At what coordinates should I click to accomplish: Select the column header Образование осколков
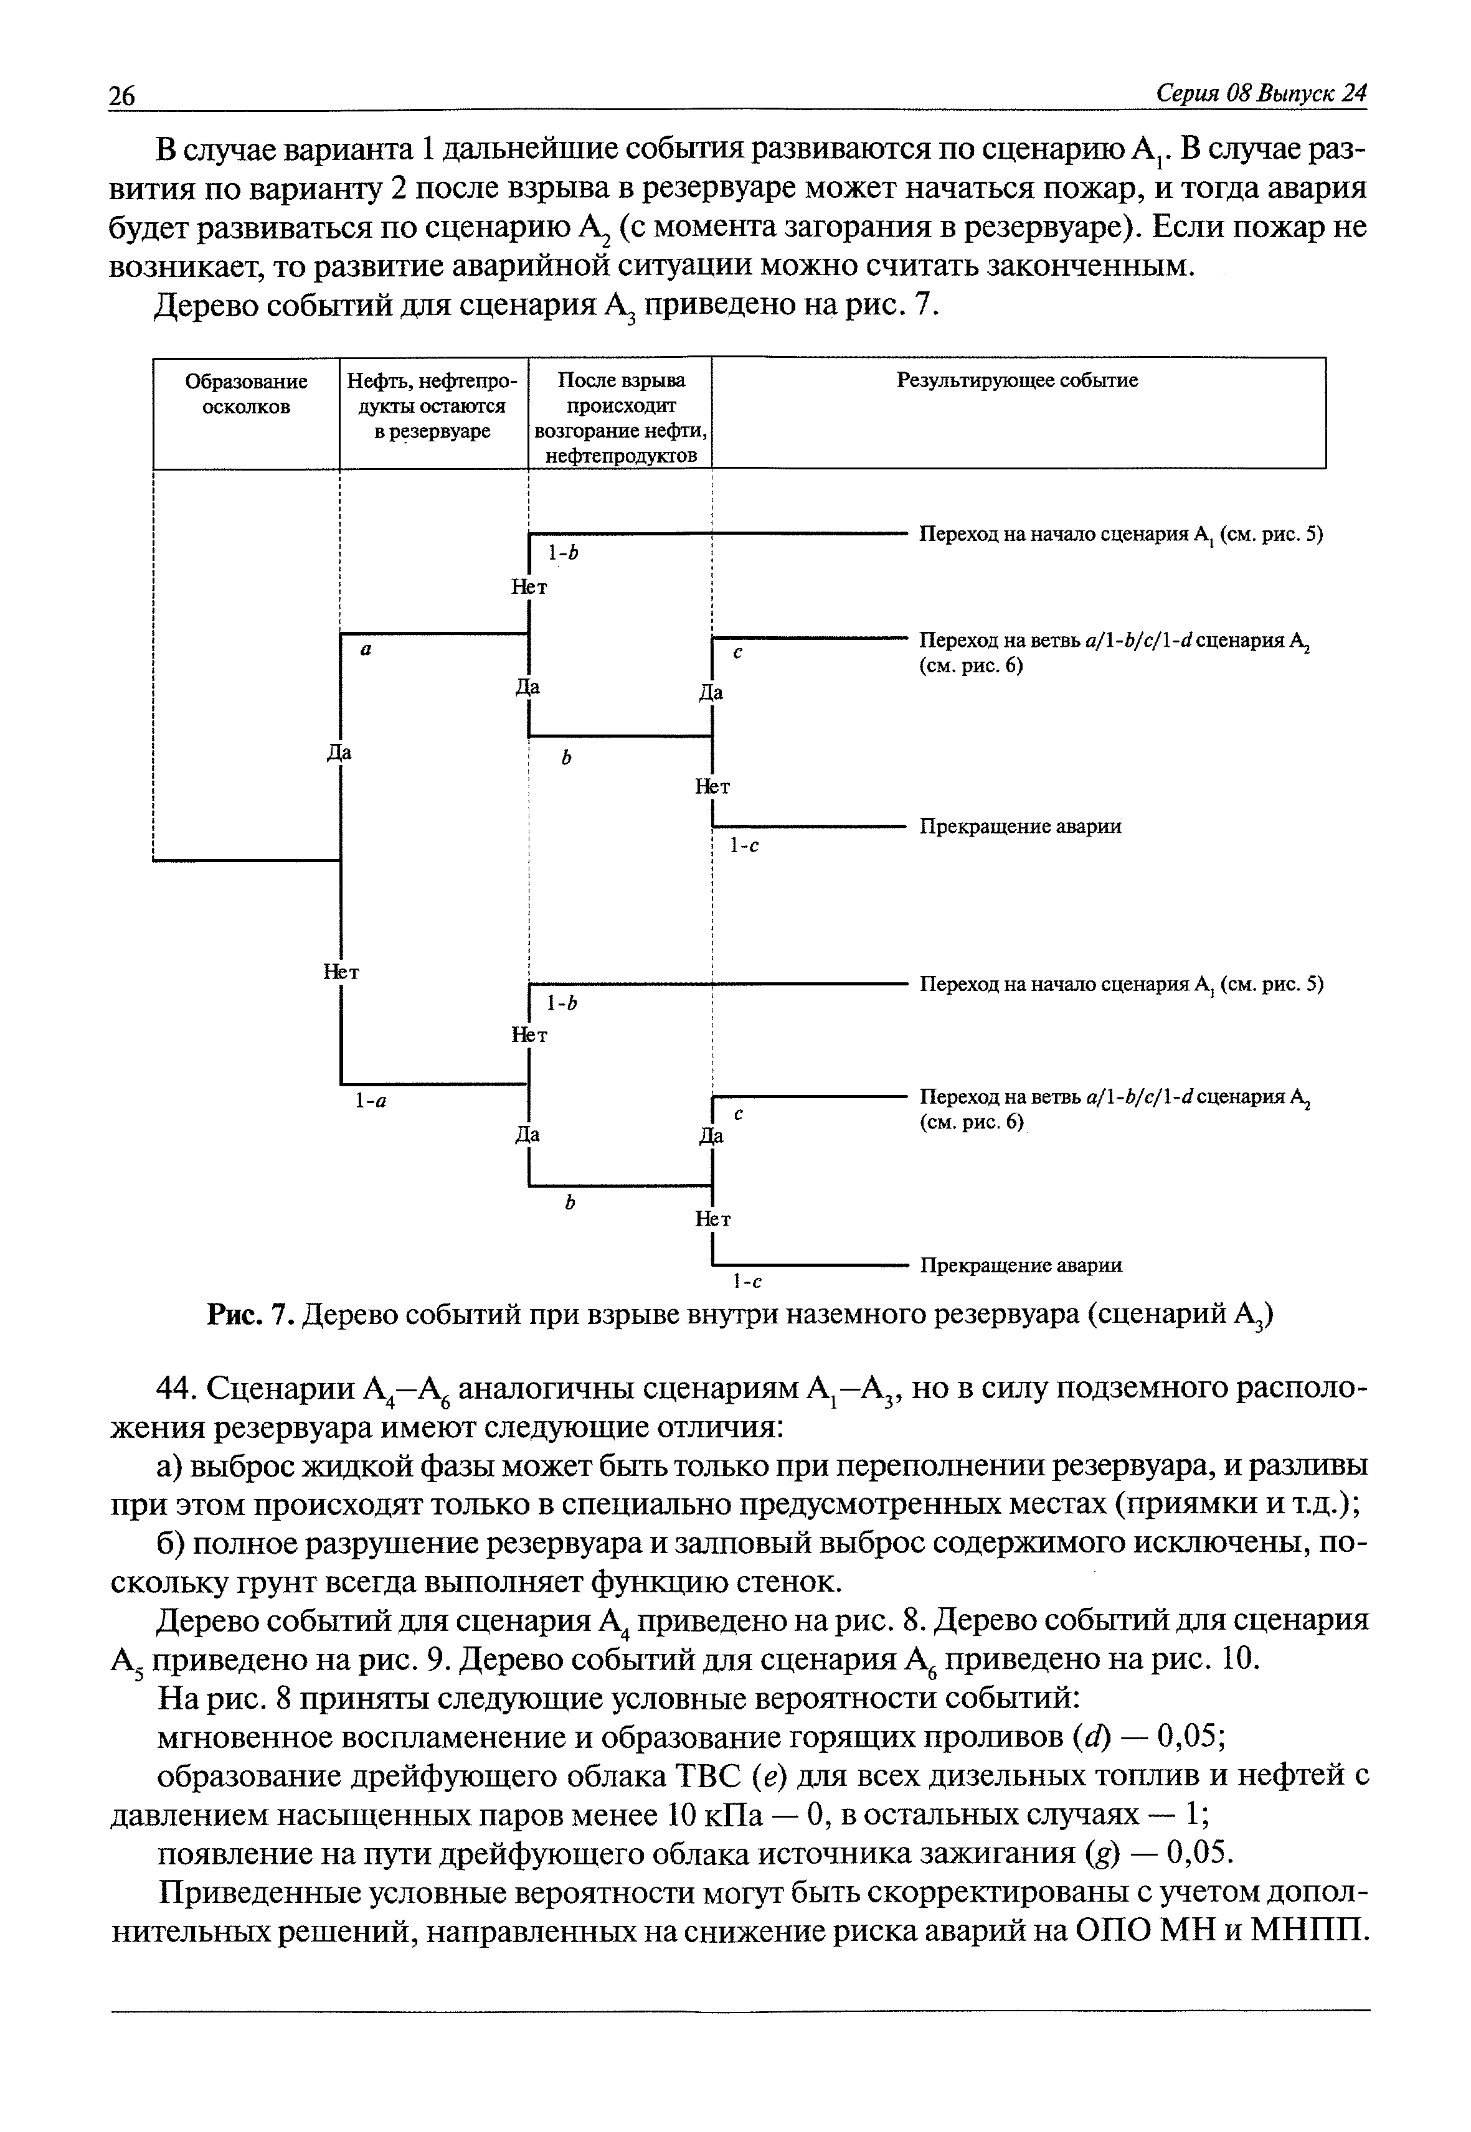pos(246,393)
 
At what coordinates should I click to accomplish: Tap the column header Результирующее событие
pos(1018,380)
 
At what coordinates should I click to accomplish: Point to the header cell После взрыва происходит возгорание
pos(620,417)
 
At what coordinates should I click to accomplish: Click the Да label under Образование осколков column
pos(340,753)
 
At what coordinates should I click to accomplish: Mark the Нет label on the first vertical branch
pos(341,972)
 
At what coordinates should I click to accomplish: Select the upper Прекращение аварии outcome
pos(1020,827)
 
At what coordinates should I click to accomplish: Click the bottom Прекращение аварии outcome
pos(1020,1265)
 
